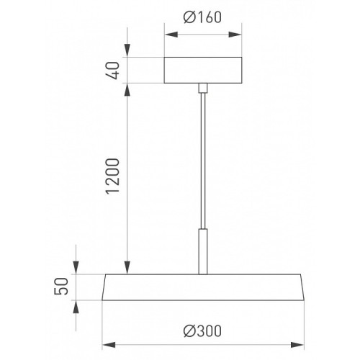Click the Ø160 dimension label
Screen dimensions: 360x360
(202, 17)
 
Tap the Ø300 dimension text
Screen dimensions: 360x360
(202, 331)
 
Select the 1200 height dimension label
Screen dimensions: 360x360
(113, 176)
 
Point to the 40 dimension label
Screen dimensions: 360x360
(113, 71)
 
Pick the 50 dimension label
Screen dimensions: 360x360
(61, 286)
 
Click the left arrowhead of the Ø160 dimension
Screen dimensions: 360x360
(171, 35)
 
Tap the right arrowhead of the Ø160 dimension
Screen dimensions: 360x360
(235, 35)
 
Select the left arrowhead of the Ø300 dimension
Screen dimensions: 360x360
(109, 345)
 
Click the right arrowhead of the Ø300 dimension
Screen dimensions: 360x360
(297, 345)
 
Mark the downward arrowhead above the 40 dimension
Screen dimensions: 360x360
(127, 50)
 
